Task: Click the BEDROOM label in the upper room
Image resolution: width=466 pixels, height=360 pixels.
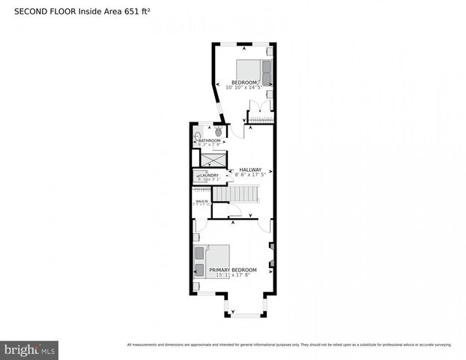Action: [244, 82]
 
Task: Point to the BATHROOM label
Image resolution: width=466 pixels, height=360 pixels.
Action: [209, 140]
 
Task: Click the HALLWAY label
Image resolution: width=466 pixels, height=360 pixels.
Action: [250, 169]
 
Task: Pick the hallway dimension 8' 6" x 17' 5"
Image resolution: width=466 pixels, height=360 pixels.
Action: [250, 175]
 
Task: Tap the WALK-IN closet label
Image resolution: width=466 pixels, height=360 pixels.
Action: [202, 201]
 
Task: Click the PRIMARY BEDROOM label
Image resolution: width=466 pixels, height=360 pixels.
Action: [232, 270]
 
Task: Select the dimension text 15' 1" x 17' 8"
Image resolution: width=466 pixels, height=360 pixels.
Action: [232, 275]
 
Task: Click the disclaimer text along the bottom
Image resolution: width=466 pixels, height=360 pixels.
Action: [288, 345]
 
